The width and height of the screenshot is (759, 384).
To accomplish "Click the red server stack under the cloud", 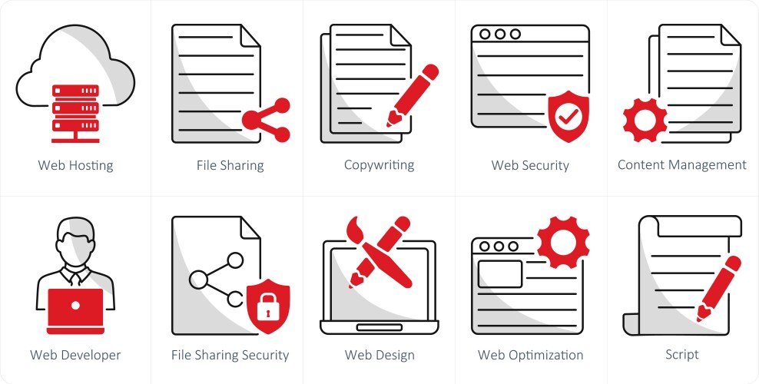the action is (75, 113).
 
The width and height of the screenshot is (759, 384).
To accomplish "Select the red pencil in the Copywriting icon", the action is (412, 95).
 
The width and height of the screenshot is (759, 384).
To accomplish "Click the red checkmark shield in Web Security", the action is (568, 116).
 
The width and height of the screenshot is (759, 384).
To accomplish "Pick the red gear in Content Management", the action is (645, 120).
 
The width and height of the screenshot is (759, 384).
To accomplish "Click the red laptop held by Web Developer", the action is (75, 311).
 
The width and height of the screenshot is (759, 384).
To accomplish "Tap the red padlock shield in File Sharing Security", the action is (268, 306).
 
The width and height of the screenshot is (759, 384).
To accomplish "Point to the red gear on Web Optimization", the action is (563, 241).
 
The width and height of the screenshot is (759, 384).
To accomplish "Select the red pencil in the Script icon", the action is (718, 289).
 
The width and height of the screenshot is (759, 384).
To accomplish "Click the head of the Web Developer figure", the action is (75, 240).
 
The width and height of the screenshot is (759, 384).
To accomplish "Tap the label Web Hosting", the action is (75, 165).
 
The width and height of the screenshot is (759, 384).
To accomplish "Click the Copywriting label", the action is (379, 165).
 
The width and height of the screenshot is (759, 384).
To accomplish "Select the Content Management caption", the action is (682, 165).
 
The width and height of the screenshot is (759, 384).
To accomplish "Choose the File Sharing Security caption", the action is (230, 355).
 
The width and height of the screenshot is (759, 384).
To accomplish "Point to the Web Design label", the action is (379, 355).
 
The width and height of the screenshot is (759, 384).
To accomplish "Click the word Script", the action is (682, 355).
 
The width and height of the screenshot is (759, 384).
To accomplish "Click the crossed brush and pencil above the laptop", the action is (379, 252).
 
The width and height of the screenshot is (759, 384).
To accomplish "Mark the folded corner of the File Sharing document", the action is (250, 36).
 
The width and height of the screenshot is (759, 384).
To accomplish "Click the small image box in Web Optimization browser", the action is (500, 273).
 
